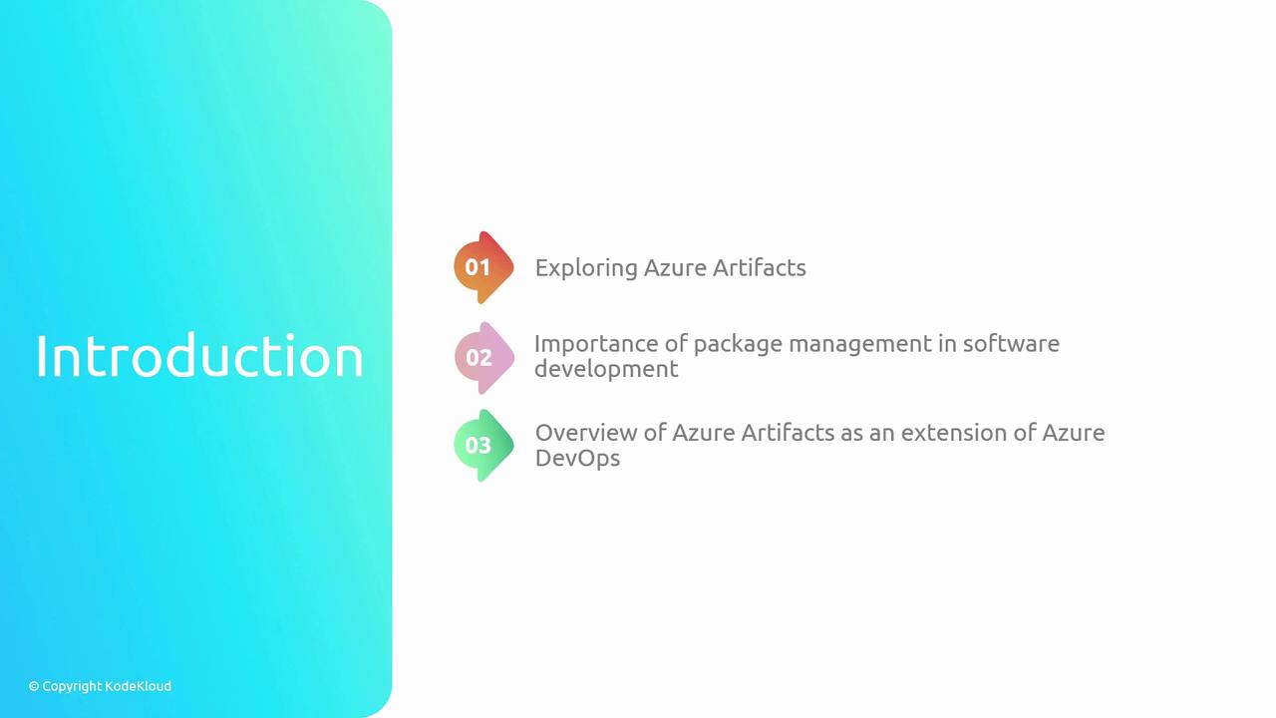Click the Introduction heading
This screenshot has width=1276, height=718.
199,356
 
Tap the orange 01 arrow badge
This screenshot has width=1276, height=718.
482,267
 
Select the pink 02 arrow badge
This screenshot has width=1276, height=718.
482,357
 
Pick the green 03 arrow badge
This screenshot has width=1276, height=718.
482,445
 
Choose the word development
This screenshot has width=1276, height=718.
606,370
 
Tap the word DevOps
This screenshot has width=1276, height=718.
577,459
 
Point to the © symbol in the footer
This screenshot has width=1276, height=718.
34,686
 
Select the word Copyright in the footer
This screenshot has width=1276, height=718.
72,686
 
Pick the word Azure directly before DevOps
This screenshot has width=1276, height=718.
1073,433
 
